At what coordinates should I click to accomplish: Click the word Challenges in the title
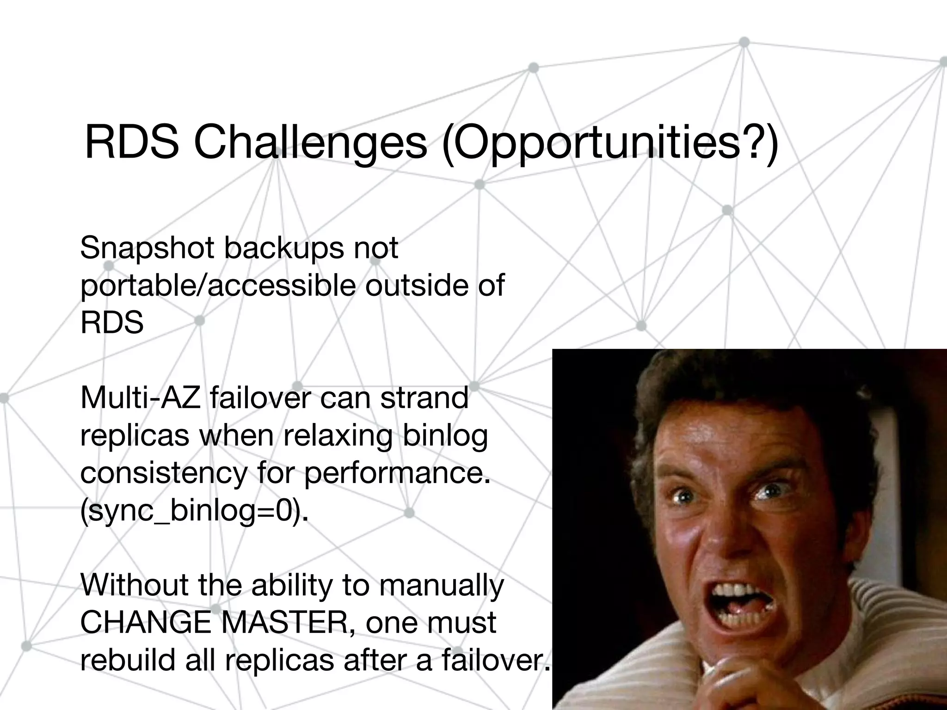tap(310, 143)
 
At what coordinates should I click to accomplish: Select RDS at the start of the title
tap(131, 143)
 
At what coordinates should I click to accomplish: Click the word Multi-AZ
tap(141, 398)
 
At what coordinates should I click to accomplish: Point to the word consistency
tap(164, 473)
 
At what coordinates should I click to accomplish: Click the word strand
tap(424, 398)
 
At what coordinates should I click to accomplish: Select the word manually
tap(441, 586)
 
